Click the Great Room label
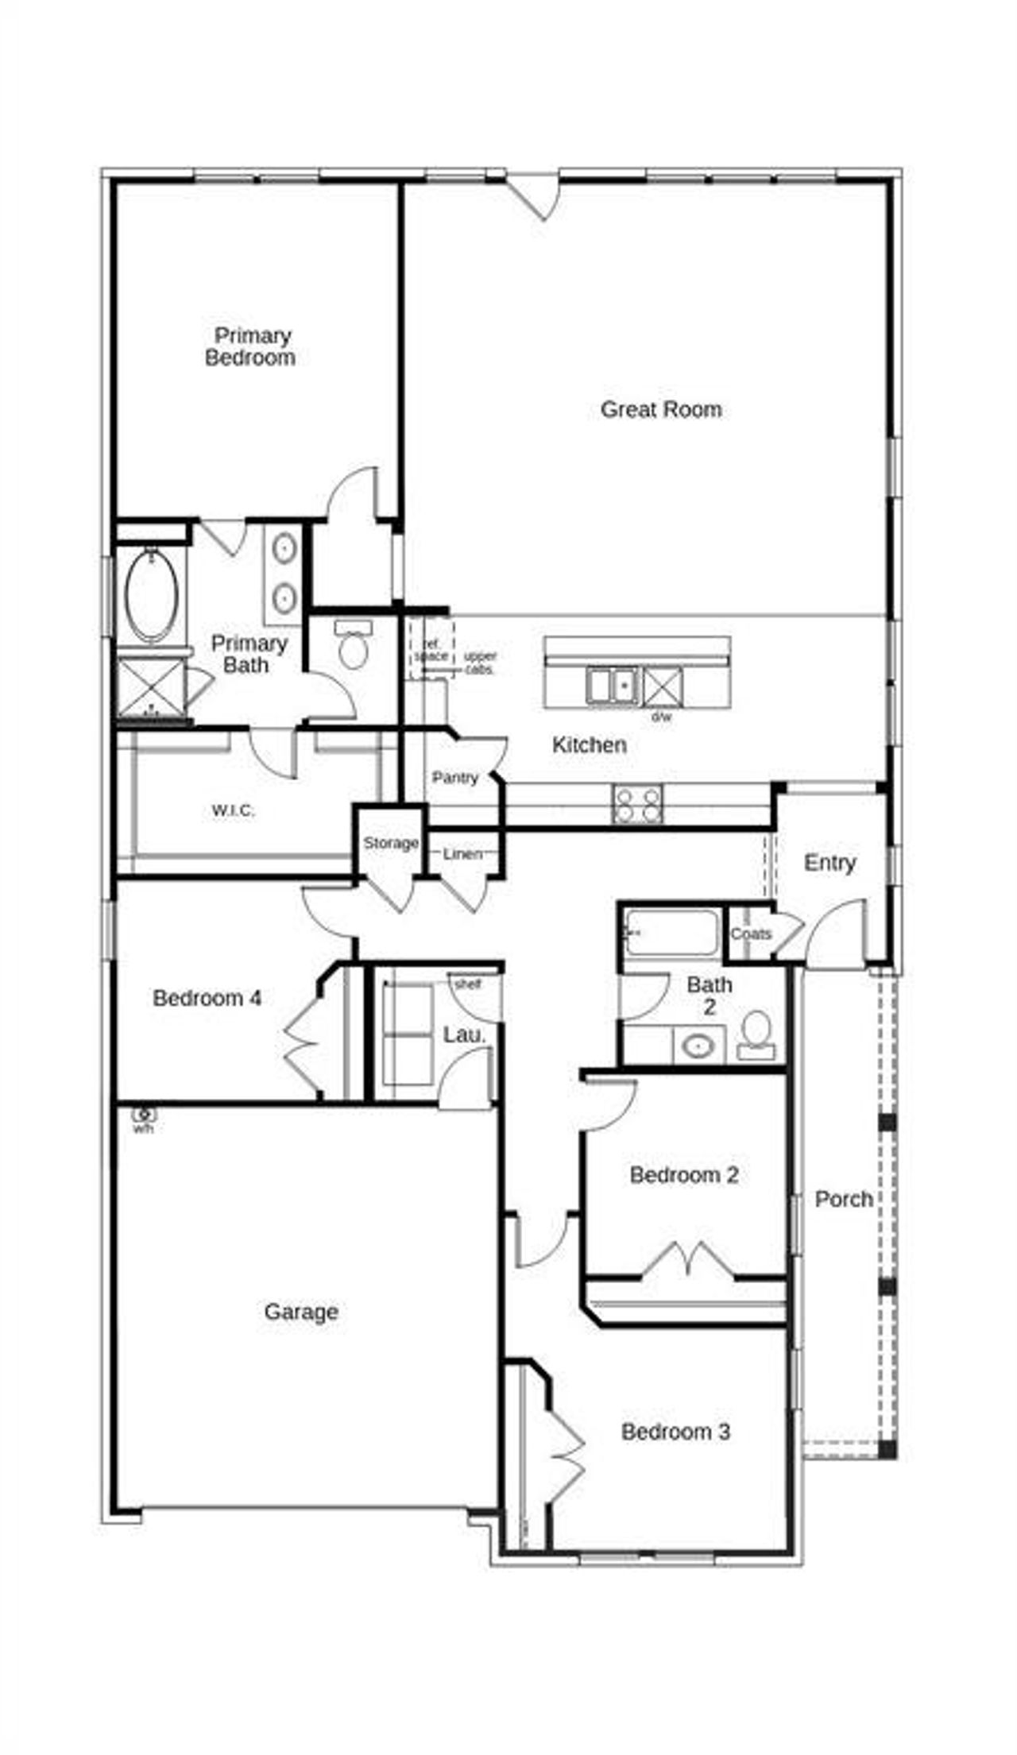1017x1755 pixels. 660,409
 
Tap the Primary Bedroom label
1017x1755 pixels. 251,346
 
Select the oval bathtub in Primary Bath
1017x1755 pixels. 151,596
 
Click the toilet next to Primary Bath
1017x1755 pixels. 354,647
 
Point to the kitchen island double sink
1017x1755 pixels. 613,686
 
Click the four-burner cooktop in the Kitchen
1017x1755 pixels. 637,803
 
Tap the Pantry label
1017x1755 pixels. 454,778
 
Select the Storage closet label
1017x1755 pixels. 390,843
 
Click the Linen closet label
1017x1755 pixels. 462,854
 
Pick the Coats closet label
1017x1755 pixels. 750,934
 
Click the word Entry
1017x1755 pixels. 829,863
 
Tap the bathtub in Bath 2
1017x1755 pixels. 672,932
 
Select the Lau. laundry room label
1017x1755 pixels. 464,1035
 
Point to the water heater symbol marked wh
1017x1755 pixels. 144,1115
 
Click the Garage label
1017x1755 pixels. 301,1312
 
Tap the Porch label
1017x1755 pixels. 844,1199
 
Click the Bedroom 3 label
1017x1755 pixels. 675,1432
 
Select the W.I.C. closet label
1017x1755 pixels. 233,811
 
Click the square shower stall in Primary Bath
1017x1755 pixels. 151,687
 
